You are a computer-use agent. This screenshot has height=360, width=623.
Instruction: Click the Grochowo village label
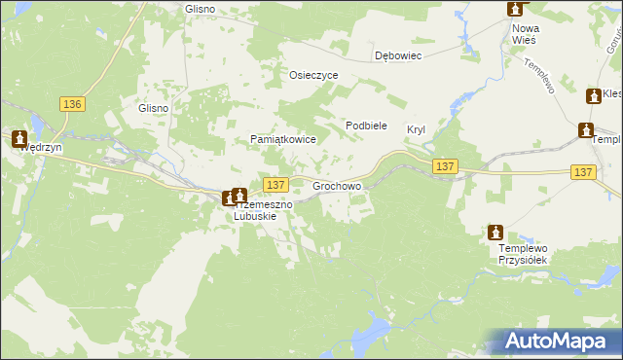[337, 184]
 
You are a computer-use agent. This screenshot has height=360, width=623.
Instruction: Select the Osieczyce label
[313, 75]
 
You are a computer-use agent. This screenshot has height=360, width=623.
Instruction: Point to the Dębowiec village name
[398, 55]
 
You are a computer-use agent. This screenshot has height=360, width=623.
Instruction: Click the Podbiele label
[367, 126]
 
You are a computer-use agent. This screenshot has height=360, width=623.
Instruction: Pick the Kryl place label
[417, 128]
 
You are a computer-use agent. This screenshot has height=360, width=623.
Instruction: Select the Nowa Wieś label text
[526, 35]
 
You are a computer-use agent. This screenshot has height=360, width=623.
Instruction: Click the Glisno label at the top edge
[199, 9]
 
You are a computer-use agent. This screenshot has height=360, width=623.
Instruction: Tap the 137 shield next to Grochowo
[275, 184]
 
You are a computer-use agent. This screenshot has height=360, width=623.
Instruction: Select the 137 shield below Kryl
[446, 166]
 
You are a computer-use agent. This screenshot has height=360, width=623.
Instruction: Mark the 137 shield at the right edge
[582, 171]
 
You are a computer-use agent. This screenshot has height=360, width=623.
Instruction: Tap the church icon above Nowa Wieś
[515, 9]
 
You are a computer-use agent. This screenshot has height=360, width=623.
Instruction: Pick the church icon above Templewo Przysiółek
[495, 232]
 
